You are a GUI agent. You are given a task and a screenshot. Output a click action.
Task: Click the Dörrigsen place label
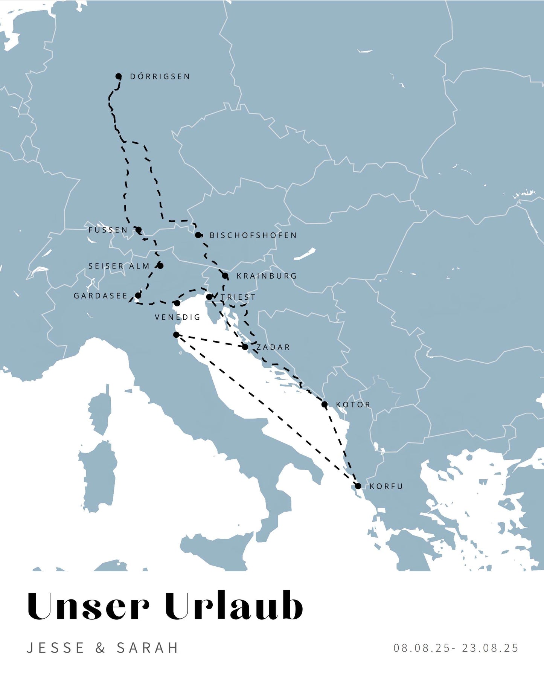coord(160,77)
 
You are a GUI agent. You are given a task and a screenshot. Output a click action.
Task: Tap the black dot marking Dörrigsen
coord(119,76)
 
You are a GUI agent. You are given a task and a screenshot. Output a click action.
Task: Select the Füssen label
coord(108,230)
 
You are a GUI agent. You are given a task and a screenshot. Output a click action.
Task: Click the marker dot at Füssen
coord(139,230)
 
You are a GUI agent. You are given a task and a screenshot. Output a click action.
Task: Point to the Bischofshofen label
coord(253,235)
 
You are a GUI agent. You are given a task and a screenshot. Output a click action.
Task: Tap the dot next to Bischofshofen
coord(198,235)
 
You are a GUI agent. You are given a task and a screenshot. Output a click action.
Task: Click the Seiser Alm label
coord(119,266)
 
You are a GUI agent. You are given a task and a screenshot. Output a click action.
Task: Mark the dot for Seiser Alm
coord(160,266)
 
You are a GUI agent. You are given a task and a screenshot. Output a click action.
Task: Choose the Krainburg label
coord(267,276)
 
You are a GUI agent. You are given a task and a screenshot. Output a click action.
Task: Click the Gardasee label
coord(101,296)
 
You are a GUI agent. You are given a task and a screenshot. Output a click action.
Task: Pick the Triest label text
coord(238,297)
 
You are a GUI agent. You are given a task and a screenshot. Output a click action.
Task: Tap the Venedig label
coord(177,317)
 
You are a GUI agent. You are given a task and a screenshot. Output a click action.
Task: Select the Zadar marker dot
coord(245,347)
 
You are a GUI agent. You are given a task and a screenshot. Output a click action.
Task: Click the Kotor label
coord(353,405)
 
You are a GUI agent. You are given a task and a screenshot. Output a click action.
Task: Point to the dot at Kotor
coord(325,404)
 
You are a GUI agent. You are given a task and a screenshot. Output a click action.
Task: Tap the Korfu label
coord(386,486)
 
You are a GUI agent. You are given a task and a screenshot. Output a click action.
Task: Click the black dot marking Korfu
coord(358,486)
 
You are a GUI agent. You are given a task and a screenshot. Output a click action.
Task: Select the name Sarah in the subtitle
coord(147,648)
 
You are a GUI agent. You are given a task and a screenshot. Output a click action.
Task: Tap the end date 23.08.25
coord(490,648)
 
